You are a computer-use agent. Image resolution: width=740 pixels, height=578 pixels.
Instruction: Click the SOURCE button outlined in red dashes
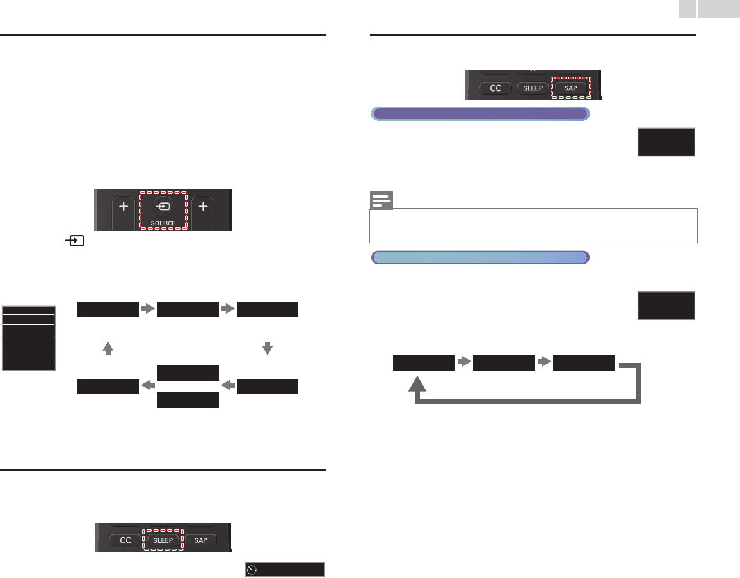163,211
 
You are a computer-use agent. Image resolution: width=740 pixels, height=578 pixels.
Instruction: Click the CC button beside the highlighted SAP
495,88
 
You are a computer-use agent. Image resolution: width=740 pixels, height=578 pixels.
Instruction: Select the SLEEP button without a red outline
533,88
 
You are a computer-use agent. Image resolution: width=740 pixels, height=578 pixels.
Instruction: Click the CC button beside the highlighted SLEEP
125,540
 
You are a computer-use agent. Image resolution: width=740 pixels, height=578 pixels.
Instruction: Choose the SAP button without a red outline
200,540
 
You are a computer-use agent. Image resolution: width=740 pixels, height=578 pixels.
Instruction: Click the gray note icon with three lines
382,200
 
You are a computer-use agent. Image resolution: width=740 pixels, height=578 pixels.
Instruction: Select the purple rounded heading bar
481,114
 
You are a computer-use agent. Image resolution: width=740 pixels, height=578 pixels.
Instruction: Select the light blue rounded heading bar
481,257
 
